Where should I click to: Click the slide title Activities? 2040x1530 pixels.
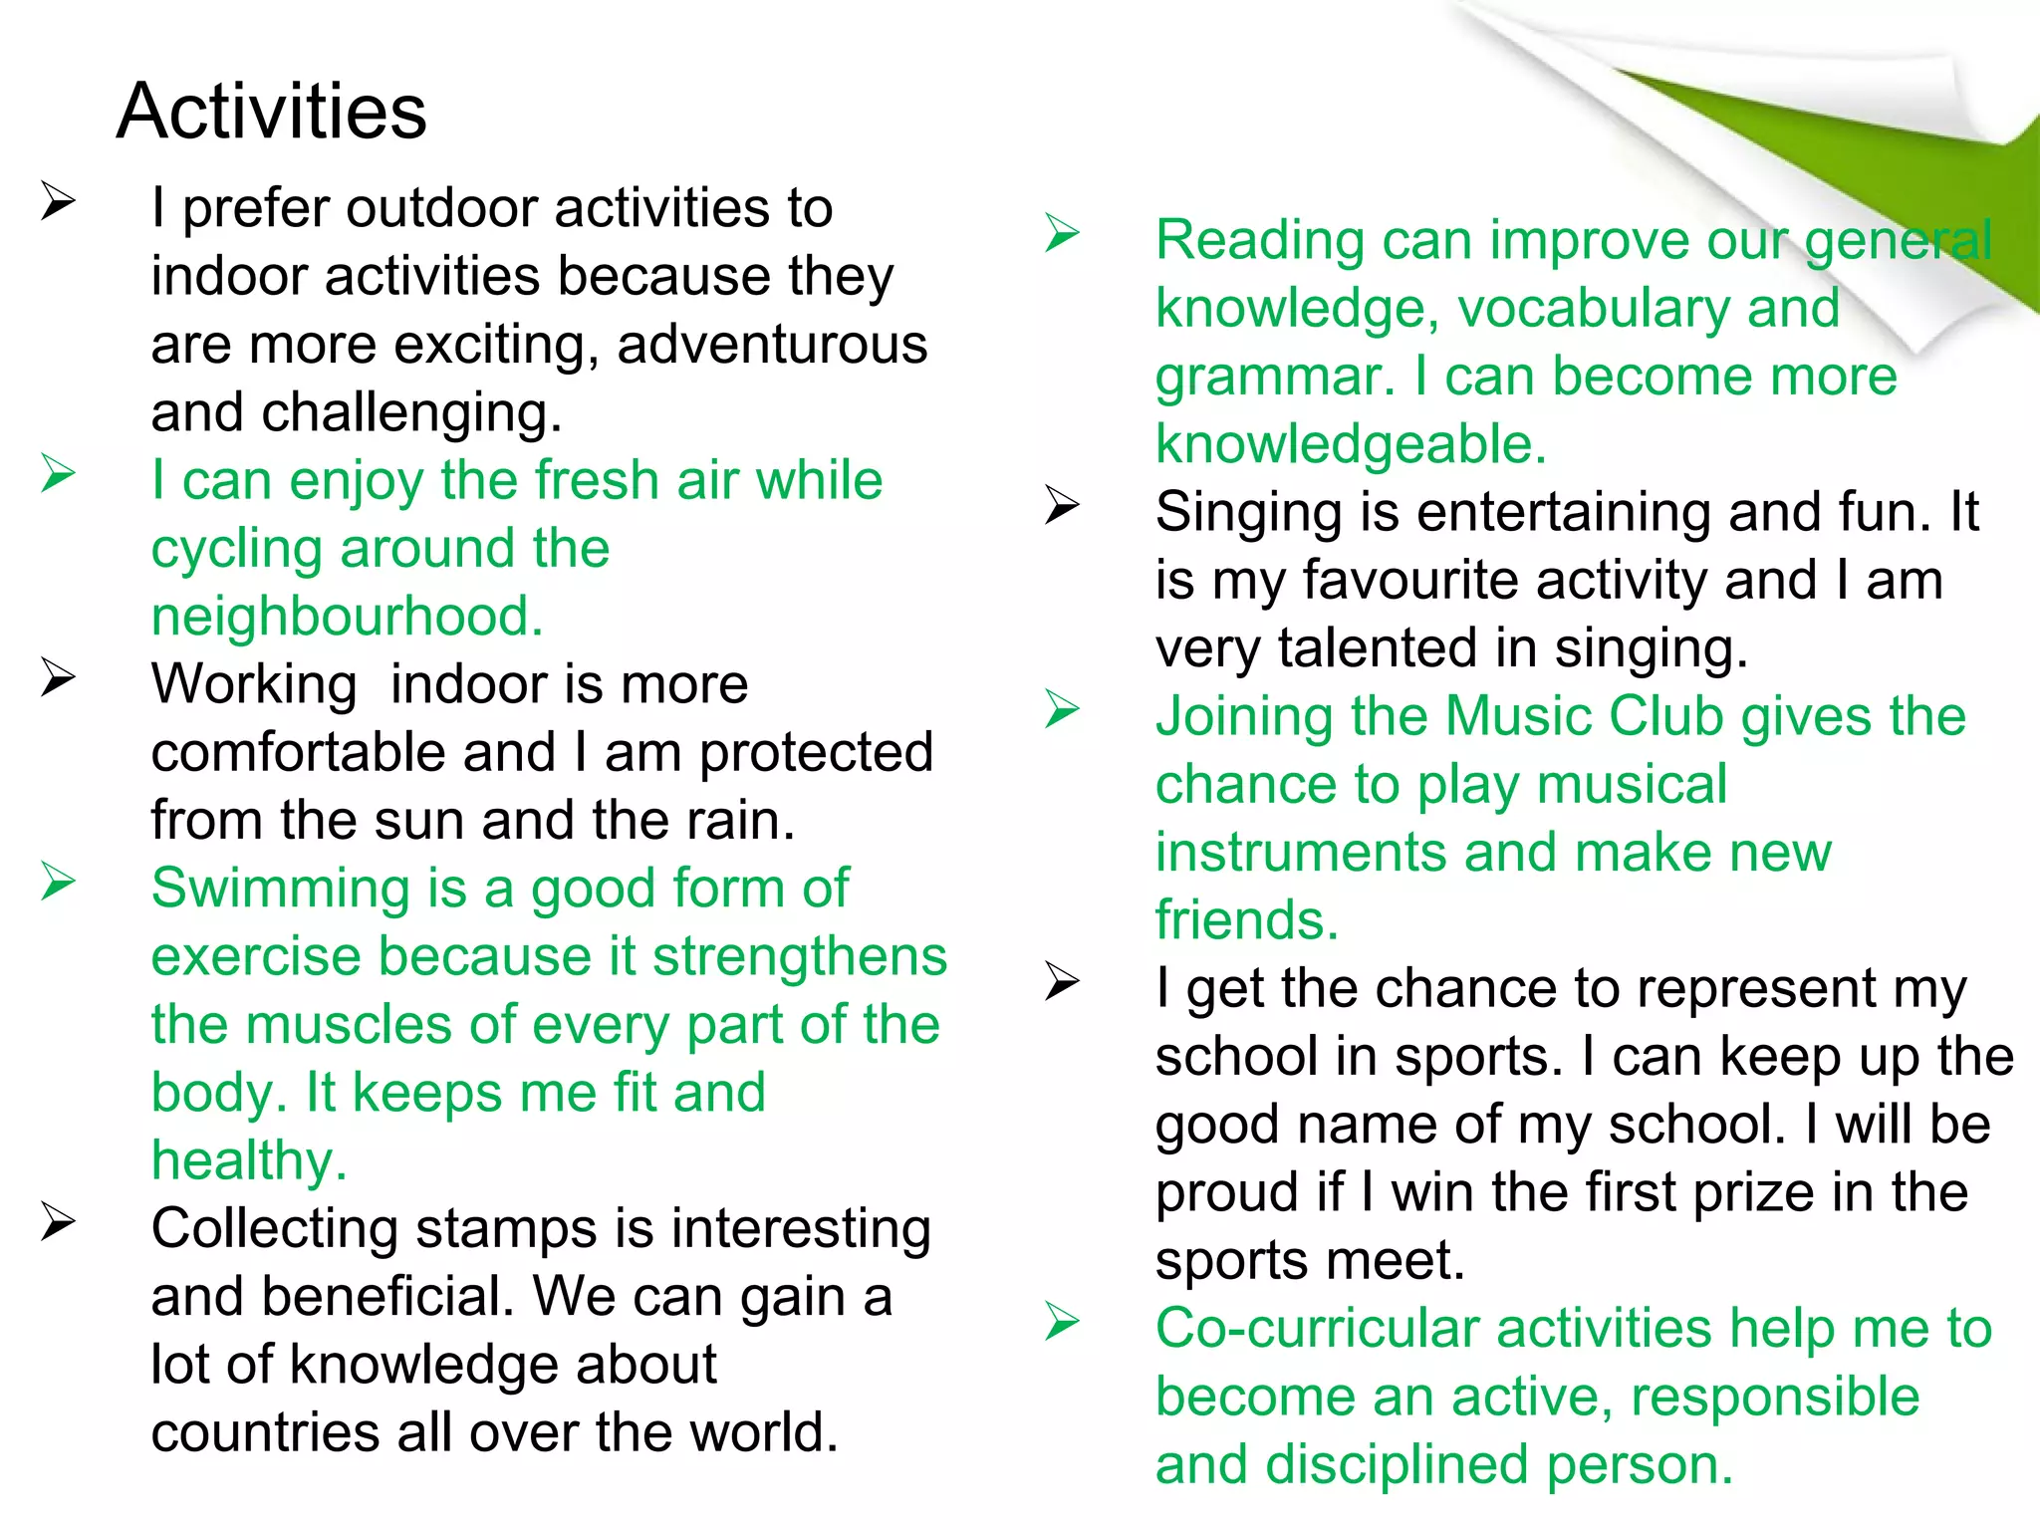pos(271,111)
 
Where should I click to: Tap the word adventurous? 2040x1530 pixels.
pos(772,345)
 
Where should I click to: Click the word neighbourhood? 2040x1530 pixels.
pos(347,617)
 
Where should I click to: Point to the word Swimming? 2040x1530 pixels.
pos(280,888)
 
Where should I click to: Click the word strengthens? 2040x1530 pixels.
pos(799,956)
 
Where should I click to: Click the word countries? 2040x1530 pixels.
pos(265,1432)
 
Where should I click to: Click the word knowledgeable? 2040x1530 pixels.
pos(1351,444)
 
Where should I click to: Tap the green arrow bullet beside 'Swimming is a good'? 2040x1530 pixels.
pos(58,882)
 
